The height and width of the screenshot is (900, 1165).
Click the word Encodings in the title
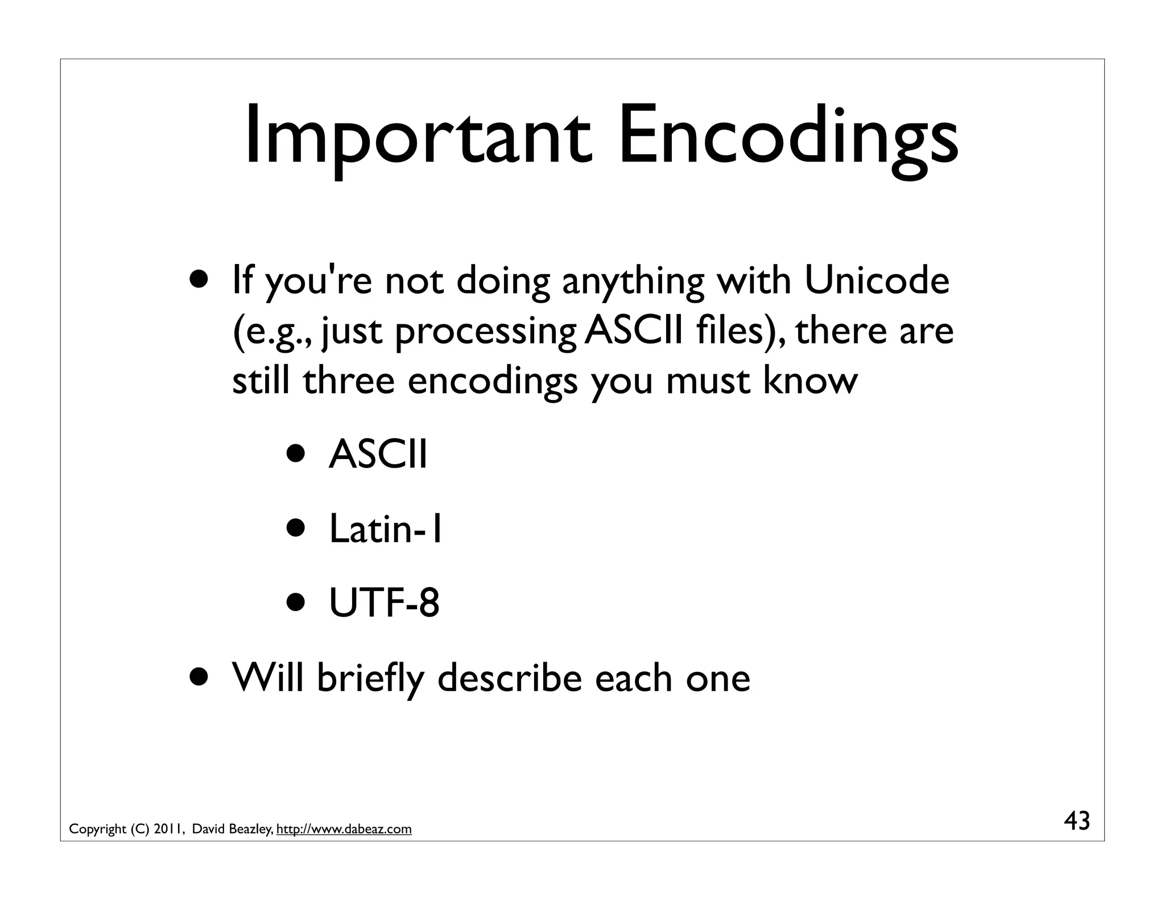[x=788, y=137]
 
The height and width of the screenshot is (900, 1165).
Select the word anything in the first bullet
[x=633, y=282]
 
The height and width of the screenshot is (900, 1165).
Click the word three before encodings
[x=348, y=380]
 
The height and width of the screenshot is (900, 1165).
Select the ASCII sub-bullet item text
[x=378, y=455]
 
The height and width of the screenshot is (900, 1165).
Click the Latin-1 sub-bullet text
[x=386, y=529]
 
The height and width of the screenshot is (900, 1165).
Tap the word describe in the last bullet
[x=510, y=678]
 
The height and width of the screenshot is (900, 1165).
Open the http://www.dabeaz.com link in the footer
[x=344, y=829]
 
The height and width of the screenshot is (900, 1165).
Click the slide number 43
[x=1077, y=821]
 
